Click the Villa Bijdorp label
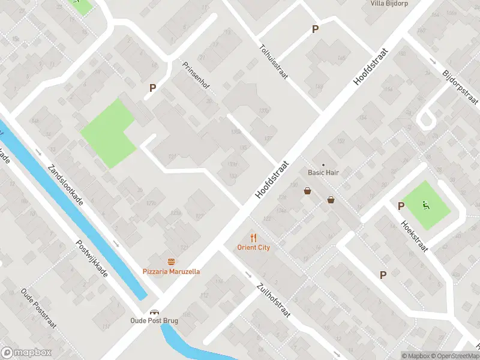(389, 3)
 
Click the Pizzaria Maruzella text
(172, 272)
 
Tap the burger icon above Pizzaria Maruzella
(172, 262)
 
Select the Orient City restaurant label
(253, 247)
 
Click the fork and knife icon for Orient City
(253, 237)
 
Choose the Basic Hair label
(323, 173)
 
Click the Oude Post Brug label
(154, 320)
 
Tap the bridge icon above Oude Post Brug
(154, 311)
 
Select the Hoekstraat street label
(414, 235)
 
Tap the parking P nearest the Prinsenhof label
(152, 88)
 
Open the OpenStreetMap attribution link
(455, 356)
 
